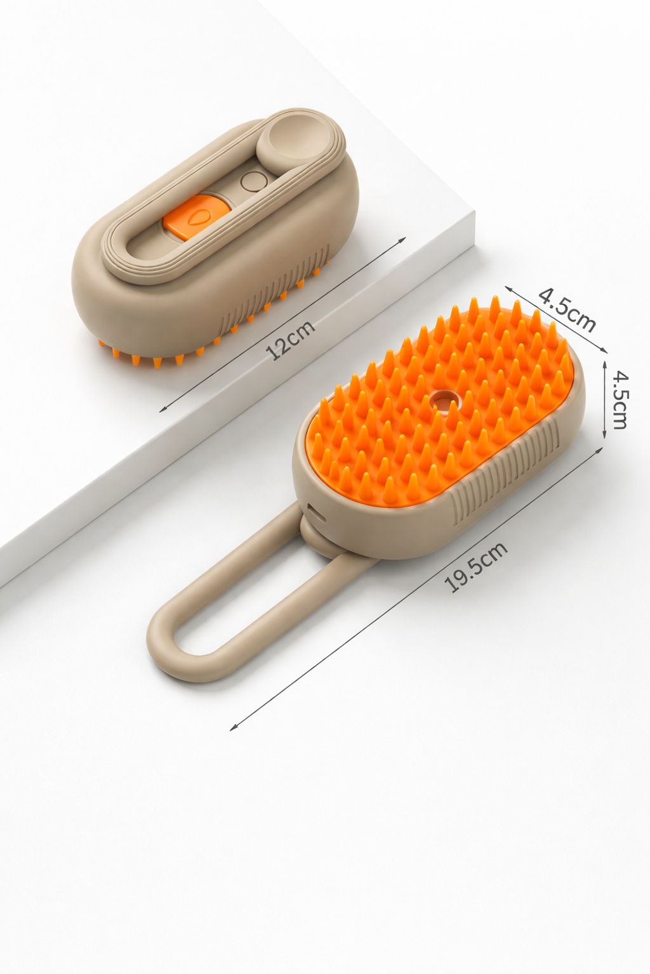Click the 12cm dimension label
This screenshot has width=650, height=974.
tap(290, 340)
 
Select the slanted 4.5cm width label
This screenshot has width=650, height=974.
tap(567, 310)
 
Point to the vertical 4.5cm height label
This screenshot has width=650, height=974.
tap(620, 400)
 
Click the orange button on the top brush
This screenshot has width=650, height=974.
tap(196, 217)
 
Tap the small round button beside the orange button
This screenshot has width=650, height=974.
tap(253, 181)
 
